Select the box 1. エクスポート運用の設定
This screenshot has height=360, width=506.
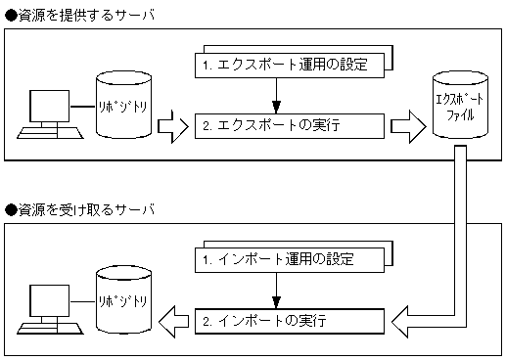284,66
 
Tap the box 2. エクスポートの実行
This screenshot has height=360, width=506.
284,126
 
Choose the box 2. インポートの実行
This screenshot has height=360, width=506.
284,320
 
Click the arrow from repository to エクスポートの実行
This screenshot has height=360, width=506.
171,127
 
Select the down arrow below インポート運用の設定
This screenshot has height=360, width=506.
278,289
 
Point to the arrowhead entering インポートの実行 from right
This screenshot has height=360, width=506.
401,319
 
